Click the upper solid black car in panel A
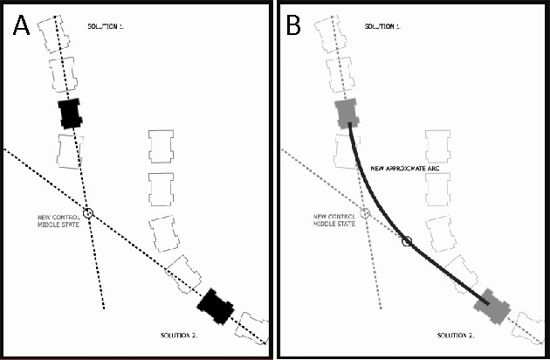70,114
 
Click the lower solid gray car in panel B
492,306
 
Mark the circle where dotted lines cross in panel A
88,212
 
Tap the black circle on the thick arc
406,240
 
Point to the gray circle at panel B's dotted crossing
365,213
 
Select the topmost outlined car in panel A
58,30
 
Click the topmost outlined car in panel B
334,30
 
